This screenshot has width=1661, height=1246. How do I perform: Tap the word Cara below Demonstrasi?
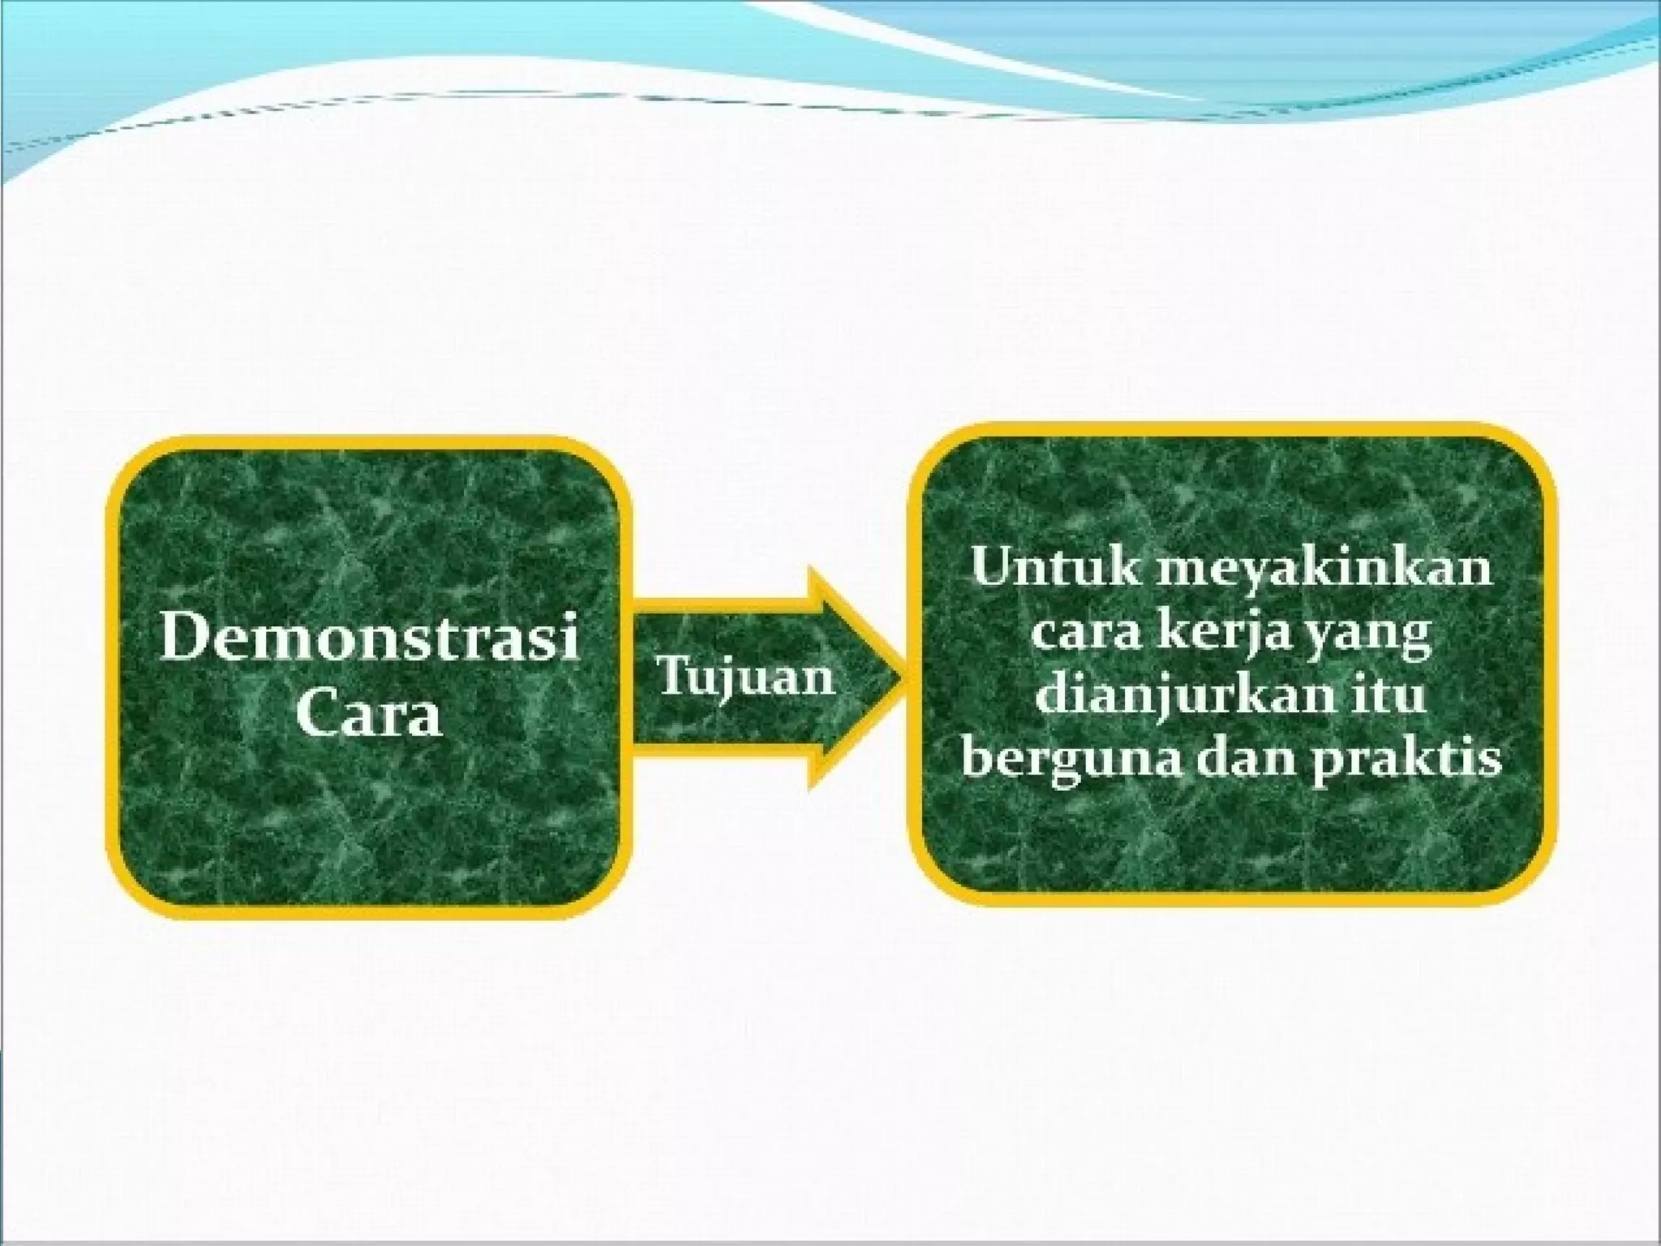pos(369,714)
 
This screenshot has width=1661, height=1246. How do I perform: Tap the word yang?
pos(1373,636)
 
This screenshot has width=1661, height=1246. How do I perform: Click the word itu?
pos(1392,696)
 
